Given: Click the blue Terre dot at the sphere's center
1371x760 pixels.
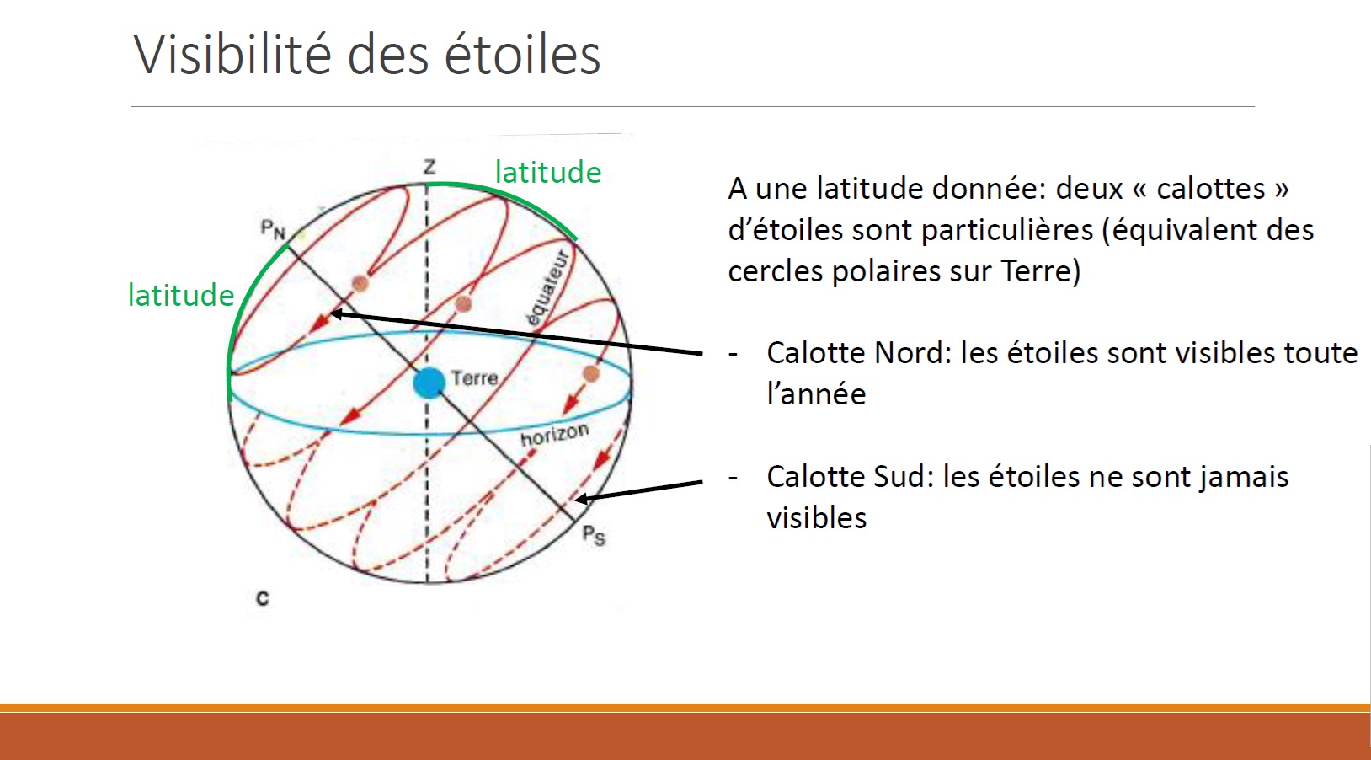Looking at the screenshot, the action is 429,383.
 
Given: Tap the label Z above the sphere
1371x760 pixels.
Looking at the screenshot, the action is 429,167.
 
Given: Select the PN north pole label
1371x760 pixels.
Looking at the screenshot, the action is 273,230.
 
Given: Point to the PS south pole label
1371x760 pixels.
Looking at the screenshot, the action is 594,536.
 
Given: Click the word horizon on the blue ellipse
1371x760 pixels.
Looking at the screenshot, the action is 554,435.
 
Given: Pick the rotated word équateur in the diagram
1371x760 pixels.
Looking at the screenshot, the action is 547,288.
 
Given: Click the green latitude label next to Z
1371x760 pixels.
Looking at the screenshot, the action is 547,172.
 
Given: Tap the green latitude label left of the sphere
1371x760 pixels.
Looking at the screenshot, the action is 180,295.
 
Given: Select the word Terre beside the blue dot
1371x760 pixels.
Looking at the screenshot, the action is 474,377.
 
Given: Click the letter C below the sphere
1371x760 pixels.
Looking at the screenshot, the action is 263,598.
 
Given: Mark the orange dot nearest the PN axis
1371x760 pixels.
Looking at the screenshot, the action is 360,284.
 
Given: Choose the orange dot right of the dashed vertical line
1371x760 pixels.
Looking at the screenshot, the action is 463,303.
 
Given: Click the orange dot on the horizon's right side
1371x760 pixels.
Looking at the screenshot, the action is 590,373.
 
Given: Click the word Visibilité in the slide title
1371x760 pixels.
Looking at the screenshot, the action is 232,54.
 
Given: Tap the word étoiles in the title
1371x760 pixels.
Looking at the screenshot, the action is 522,54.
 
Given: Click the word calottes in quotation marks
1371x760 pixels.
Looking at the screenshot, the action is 1211,188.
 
